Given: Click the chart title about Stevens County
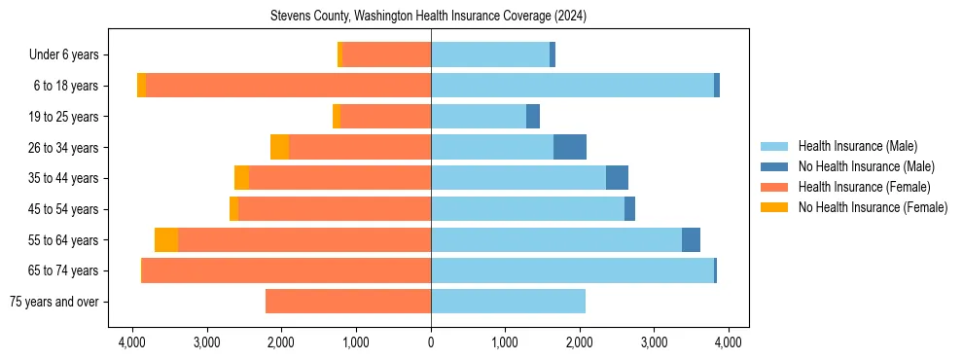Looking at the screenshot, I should click(x=428, y=17).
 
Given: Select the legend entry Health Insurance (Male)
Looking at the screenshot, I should click(x=857, y=146).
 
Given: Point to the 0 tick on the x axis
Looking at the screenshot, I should click(x=431, y=342).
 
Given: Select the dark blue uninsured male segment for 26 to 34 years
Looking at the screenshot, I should click(x=570, y=147).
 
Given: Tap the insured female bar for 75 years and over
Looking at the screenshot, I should click(x=348, y=302).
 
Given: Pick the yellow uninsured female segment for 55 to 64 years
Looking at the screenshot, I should click(x=166, y=240).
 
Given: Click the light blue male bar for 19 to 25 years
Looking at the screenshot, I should click(x=479, y=117).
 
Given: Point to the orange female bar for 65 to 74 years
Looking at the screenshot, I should click(x=287, y=270).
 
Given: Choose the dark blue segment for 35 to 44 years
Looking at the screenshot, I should click(x=617, y=178).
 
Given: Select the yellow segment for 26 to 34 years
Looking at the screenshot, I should click(x=280, y=147).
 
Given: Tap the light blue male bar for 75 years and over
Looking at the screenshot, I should click(x=508, y=302).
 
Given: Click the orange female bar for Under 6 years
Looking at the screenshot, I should click(x=386, y=55).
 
